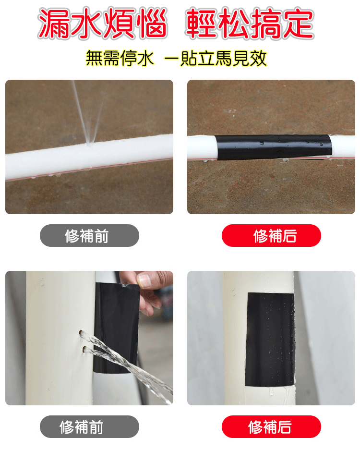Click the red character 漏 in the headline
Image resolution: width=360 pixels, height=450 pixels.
tap(54, 24)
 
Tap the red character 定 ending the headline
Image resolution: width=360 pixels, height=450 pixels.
tap(298, 24)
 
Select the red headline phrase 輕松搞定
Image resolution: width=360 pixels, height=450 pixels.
tap(250, 24)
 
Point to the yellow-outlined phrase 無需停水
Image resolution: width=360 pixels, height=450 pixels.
tap(120, 58)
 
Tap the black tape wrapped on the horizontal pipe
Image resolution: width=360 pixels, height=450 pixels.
tap(273, 147)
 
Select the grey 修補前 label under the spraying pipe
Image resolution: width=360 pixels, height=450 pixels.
tap(89, 236)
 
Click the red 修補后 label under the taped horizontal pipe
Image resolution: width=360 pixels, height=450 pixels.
tap(271, 236)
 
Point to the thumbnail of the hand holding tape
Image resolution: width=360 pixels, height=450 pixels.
tap(89, 338)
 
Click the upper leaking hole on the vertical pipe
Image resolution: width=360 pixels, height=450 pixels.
tap(83, 334)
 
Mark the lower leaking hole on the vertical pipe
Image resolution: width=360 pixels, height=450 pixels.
tap(84, 349)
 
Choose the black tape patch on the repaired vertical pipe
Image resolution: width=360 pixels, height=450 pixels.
tap(270, 339)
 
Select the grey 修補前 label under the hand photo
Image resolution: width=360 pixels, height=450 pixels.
tap(89, 427)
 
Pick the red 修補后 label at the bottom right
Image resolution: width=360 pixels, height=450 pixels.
tap(271, 427)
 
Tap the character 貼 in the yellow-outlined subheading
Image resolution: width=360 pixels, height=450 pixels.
tap(189, 58)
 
